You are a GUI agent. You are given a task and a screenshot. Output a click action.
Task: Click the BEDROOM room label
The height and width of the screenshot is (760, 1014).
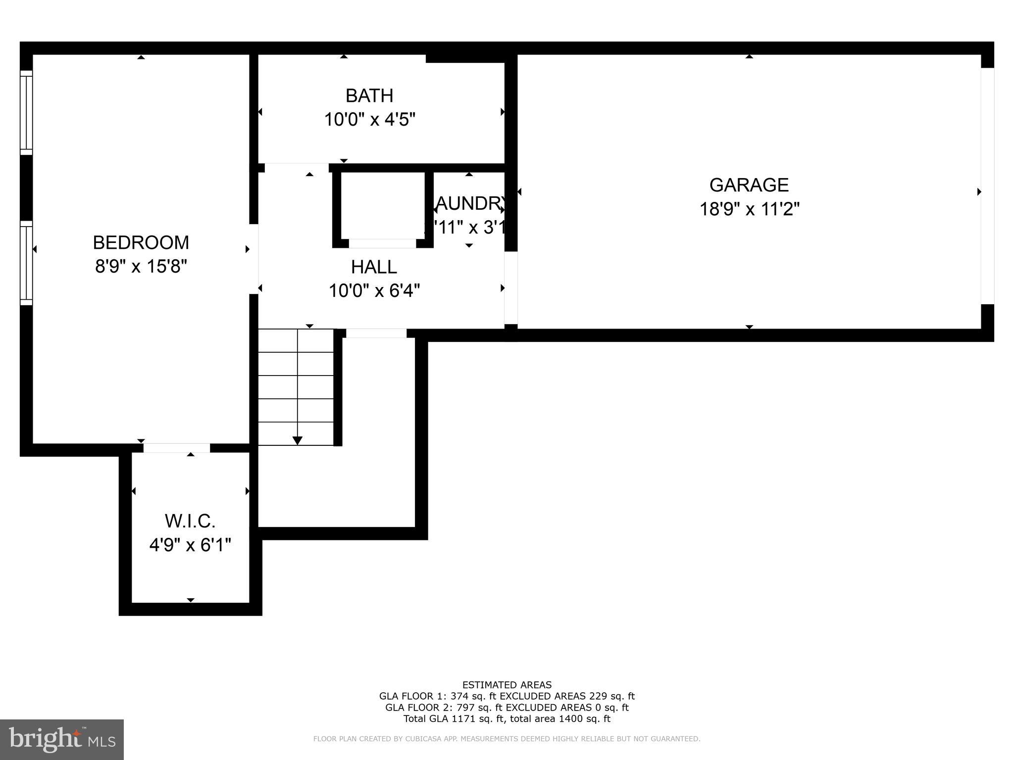pos(141,243)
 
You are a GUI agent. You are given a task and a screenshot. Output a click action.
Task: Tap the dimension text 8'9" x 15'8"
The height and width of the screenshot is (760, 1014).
pos(141,267)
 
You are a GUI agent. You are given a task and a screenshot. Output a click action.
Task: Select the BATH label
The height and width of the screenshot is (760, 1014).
pos(369,95)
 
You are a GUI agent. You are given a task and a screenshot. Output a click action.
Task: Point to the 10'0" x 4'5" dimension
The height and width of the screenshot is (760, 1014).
pos(369,120)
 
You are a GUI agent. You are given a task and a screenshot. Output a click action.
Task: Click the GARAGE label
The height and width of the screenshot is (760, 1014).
pos(749,185)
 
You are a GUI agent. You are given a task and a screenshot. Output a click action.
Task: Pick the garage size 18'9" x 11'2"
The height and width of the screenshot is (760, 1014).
pos(749,209)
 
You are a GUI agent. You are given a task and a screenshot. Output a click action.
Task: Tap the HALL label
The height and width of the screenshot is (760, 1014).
pos(374,267)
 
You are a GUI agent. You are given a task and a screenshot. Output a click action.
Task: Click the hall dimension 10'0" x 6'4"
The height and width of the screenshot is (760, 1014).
pos(374,291)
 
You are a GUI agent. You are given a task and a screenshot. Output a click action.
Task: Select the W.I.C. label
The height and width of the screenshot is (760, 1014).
pos(190,521)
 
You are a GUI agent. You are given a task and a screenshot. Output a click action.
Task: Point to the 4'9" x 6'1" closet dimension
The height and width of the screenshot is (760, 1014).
pos(190,545)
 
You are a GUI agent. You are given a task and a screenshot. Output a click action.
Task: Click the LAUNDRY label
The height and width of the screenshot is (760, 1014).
pos(469,203)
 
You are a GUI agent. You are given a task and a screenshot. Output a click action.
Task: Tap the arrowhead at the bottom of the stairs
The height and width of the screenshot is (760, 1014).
pos(298,440)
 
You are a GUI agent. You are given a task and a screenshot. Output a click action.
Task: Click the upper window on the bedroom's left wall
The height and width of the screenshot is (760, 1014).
pos(26,112)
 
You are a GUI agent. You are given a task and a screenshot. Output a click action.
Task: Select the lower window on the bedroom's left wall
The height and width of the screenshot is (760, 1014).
pos(26,263)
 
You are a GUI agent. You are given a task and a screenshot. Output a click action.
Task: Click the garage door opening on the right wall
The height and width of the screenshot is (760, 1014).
pos(987,186)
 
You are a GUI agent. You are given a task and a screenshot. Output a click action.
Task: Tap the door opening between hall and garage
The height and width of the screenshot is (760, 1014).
pos(511,287)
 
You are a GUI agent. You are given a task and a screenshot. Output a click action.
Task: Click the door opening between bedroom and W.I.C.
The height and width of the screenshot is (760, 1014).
pos(177,448)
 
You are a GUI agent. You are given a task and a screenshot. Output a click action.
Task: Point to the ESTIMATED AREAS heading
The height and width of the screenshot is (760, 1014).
pos(507,685)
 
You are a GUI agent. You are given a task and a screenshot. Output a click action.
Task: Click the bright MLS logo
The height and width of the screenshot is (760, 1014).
pos(62,739)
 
